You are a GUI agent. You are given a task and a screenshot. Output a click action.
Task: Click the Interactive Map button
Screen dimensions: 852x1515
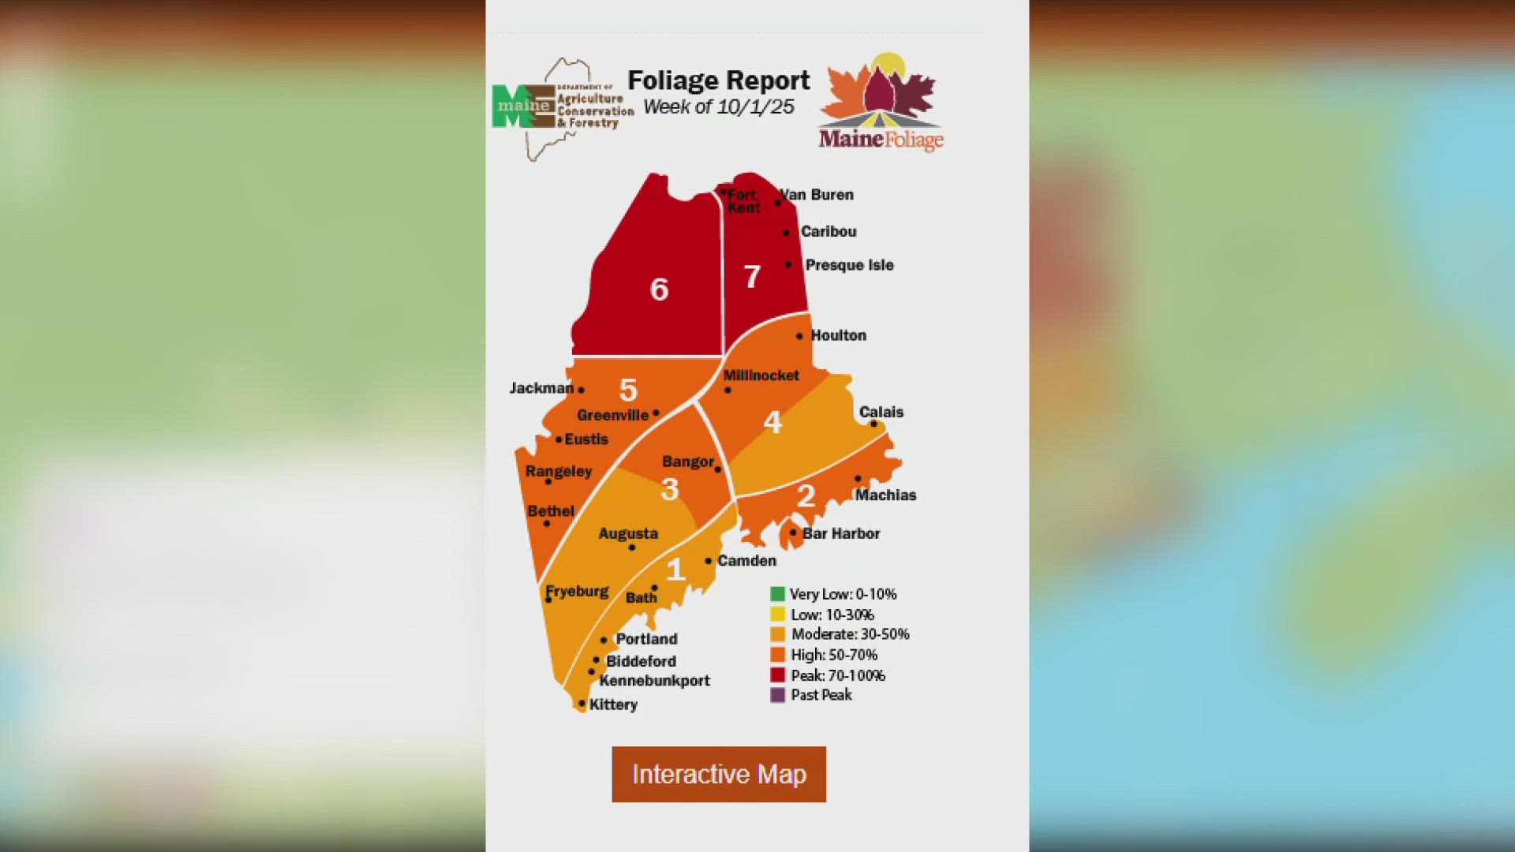719,774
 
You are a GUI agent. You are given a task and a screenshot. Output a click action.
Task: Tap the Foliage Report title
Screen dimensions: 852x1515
718,80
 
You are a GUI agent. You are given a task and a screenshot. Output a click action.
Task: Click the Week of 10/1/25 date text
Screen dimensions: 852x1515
718,107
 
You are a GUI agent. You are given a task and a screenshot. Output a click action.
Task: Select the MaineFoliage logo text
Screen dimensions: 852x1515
881,140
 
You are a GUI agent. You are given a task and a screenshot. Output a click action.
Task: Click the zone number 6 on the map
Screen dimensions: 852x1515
659,290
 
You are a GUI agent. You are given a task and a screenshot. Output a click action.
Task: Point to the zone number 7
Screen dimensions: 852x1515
752,277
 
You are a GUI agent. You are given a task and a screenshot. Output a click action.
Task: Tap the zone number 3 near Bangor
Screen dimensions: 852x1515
670,490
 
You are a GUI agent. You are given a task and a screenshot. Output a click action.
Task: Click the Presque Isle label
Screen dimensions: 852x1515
849,265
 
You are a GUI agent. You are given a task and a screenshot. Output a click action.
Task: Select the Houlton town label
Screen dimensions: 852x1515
838,335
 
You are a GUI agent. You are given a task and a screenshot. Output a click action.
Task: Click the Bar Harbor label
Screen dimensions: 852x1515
840,533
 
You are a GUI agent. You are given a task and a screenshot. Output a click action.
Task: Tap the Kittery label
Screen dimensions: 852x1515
613,704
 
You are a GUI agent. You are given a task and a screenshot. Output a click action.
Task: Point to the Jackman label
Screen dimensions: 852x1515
541,388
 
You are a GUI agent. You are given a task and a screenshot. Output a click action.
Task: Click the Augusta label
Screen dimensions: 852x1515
628,533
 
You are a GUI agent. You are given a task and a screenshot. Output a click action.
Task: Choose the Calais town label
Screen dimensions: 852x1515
881,412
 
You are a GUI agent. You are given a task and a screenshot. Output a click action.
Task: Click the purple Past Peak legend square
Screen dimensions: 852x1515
777,695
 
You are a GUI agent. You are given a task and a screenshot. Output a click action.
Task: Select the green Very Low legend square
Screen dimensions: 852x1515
777,594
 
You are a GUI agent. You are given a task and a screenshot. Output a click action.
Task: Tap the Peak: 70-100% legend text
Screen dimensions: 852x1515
838,675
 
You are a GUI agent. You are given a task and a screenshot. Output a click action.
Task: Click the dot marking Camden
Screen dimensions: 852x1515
709,561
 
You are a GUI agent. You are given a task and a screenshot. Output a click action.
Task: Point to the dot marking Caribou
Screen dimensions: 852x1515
786,233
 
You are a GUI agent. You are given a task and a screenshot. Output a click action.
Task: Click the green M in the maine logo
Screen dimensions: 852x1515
507,107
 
